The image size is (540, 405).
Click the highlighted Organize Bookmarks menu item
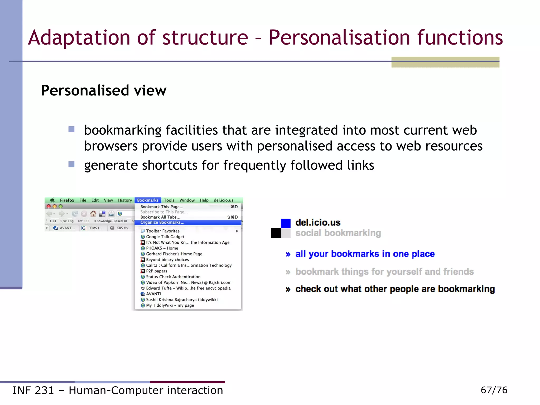162,223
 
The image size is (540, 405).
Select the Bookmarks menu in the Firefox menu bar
148,200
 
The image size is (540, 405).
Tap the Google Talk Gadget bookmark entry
165,237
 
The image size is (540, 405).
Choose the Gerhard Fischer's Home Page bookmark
174,254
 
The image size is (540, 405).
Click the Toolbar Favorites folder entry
163,231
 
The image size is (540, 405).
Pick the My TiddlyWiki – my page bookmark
170,305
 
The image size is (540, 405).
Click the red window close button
49,206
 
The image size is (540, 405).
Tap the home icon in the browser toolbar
93,214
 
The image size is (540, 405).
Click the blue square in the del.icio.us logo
286,223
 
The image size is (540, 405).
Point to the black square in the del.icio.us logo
276,233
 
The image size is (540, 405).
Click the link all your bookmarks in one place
365,254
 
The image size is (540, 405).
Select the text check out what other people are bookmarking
395,289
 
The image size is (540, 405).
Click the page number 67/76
494,390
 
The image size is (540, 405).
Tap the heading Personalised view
104,90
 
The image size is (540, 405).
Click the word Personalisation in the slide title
339,37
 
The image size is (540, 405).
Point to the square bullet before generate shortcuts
71,165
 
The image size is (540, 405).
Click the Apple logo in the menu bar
52,200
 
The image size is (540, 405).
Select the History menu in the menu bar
125,200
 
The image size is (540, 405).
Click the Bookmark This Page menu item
162,207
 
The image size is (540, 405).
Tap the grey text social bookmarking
338,233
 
